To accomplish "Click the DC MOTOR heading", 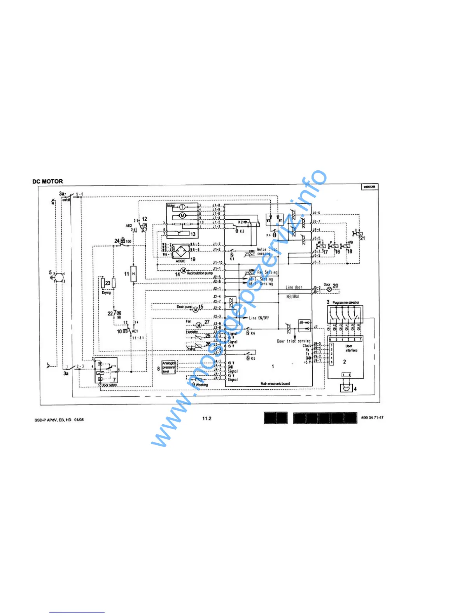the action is (47, 181).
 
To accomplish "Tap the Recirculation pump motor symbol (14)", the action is (184, 271).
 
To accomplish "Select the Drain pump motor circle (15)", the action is (196, 310).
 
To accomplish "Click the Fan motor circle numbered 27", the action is (199, 325).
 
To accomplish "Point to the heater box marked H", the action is (133, 274).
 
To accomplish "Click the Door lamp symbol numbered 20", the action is (329, 290).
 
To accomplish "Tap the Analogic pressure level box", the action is (169, 367).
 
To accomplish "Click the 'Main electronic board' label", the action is (275, 383).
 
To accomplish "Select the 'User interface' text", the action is (351, 348).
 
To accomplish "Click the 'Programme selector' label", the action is (346, 303).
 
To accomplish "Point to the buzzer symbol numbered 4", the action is (346, 388).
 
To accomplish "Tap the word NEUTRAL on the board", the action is (293, 297).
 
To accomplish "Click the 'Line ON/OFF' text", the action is (259, 318).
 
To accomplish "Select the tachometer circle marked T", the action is (182, 207).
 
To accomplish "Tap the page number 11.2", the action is (206, 418).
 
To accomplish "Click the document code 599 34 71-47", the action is (372, 418).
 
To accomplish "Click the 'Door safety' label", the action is (109, 385).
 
